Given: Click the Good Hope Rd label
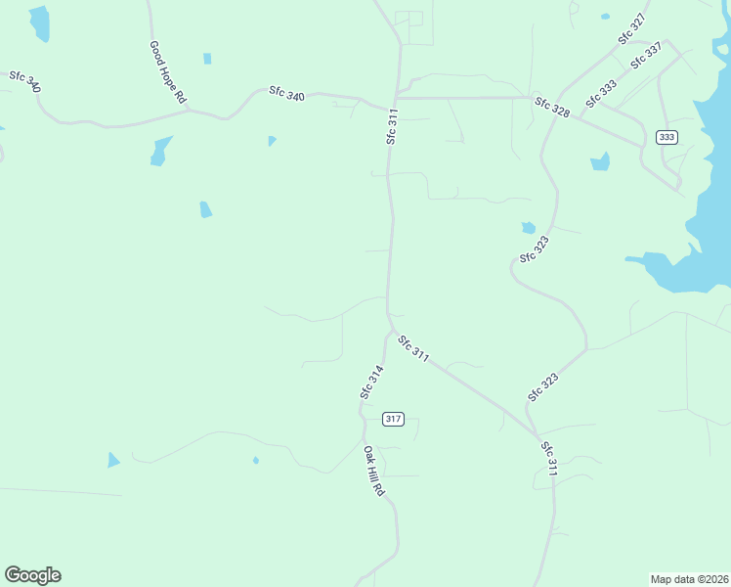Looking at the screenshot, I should click(x=167, y=72).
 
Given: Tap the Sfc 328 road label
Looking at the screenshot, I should click(x=552, y=108).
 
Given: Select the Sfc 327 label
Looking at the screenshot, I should click(x=631, y=29).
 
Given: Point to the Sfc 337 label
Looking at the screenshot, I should click(x=646, y=55).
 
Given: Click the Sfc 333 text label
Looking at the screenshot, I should click(x=601, y=94).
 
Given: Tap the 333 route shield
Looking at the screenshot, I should click(x=666, y=137).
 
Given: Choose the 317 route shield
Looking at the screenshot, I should click(x=393, y=419).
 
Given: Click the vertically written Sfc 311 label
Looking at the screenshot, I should click(x=392, y=127).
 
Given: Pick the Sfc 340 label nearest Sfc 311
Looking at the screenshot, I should click(x=286, y=94).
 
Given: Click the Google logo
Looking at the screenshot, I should click(x=32, y=574).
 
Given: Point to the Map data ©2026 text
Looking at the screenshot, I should click(x=689, y=578).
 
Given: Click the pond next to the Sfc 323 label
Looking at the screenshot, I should click(x=528, y=228).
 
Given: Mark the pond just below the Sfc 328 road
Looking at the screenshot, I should click(x=600, y=161).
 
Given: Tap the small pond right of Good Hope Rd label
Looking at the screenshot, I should click(x=207, y=59).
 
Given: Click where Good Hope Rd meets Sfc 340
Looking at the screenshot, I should click(x=192, y=111).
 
